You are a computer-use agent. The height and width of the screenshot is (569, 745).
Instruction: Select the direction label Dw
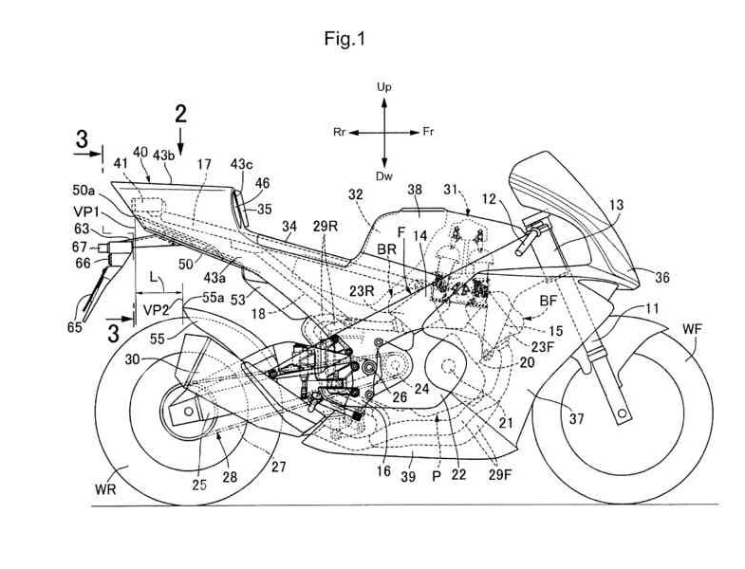(384, 176)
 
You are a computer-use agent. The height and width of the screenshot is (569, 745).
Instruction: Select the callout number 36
(661, 277)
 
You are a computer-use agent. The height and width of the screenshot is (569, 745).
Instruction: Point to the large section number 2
(181, 116)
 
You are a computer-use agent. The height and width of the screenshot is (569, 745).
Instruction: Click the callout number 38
(415, 191)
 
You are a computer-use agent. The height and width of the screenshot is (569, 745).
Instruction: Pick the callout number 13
(616, 204)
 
